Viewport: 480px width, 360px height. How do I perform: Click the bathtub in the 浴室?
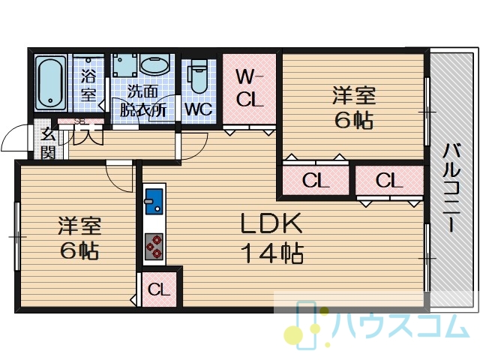click(x=50, y=82)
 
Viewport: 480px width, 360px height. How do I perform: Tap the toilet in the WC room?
click(x=198, y=76)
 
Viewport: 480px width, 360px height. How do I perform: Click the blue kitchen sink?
click(x=154, y=202)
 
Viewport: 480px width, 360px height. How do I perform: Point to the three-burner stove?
click(x=154, y=247)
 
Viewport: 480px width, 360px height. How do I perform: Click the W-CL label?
click(x=249, y=88)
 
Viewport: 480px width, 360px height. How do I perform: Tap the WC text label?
click(x=198, y=109)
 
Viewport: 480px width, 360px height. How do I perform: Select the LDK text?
click(x=271, y=223)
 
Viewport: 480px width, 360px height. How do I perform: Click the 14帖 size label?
click(x=271, y=253)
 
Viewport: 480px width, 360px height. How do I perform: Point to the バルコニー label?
click(x=452, y=187)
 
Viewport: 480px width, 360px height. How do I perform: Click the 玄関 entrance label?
click(x=49, y=143)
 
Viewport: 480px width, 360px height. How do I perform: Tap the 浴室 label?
click(x=88, y=82)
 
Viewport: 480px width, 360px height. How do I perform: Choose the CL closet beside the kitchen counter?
click(x=159, y=289)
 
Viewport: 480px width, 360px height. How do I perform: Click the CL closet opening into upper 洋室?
click(x=315, y=180)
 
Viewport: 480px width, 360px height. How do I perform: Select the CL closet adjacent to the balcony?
click(x=389, y=180)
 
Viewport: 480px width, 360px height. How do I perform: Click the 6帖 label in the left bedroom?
click(x=79, y=251)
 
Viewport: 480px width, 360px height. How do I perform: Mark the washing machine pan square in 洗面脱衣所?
click(x=124, y=65)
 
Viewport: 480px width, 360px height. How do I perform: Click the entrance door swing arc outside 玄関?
click(x=15, y=137)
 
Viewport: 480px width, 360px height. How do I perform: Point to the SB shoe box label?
click(x=80, y=121)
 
